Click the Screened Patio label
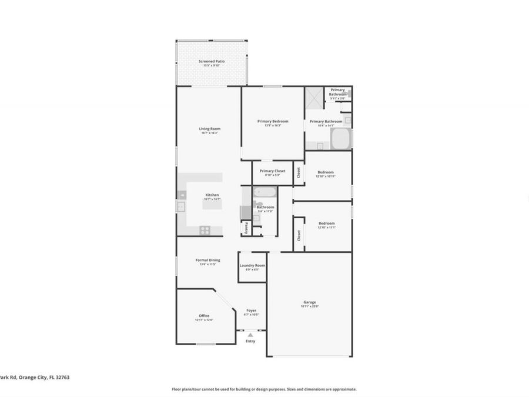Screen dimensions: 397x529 pos(211,61)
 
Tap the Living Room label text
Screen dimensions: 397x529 pos(209,129)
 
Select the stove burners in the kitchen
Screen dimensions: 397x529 pos(205,230)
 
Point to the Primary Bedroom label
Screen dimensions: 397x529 pos(273,122)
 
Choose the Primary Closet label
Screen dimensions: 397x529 pos(272,171)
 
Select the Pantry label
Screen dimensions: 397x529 pos(246,228)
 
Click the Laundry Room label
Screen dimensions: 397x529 pos(252,266)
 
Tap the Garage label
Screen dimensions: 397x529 pos(309,302)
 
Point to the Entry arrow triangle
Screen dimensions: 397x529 pos(250,335)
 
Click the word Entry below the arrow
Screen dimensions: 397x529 pos(250,341)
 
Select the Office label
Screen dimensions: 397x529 pos(204,316)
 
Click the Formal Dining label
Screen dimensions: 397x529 pos(207,260)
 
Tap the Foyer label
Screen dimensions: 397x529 pos(251,311)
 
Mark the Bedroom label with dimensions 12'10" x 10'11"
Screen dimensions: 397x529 pos(326,172)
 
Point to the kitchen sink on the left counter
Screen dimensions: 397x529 pos(181,206)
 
